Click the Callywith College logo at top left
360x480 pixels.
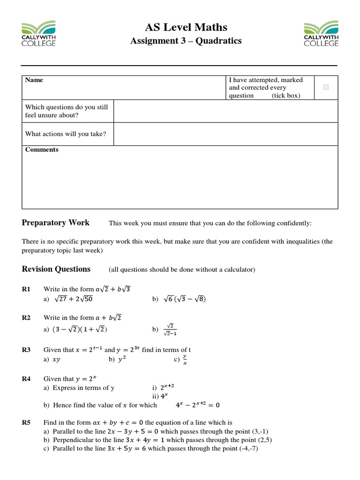[38, 33]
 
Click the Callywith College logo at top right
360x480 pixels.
[321, 33]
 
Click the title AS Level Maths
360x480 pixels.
[186, 27]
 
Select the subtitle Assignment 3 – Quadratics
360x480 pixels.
[186, 41]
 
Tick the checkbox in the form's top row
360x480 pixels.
[326, 87]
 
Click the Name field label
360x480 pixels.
[34, 80]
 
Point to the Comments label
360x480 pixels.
[42, 150]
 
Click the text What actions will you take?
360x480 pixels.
[66, 134]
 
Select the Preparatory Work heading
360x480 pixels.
[56, 223]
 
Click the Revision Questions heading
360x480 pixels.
[56, 269]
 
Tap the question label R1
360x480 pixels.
[26, 289]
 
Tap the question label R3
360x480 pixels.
[26, 350]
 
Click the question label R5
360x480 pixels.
[26, 422]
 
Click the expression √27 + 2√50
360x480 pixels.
[74, 299]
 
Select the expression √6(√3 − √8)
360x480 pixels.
[184, 299]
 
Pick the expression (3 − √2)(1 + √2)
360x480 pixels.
[80, 330]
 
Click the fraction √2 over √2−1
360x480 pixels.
[170, 330]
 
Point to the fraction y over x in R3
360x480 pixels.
[185, 360]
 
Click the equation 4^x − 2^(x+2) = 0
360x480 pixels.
[197, 405]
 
